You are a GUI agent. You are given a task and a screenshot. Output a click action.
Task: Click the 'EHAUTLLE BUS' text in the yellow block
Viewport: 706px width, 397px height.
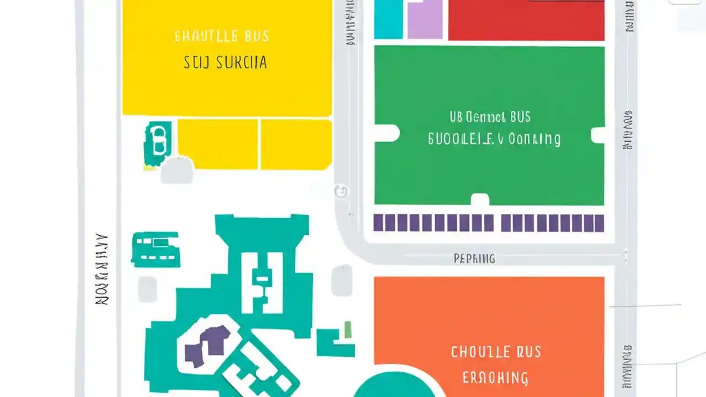click(222, 37)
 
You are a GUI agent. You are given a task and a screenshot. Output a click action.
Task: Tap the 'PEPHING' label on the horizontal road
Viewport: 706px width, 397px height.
click(474, 258)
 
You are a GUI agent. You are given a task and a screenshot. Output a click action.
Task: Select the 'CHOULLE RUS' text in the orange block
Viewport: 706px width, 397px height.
click(496, 352)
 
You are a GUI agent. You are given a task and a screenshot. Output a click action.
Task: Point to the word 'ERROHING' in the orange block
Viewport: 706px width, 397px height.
click(495, 378)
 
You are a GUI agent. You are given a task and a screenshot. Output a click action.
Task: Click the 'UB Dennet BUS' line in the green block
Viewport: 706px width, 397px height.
click(490, 117)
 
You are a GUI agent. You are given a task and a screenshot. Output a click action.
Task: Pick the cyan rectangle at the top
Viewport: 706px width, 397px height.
click(388, 19)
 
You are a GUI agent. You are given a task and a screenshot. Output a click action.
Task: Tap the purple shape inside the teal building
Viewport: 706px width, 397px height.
click(207, 345)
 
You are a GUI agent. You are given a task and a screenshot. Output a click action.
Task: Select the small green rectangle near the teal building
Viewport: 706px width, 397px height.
click(348, 329)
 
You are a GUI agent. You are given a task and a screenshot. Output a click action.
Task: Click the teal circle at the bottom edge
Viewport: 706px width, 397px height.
click(393, 386)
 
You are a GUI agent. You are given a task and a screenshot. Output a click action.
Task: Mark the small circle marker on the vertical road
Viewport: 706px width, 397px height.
click(341, 191)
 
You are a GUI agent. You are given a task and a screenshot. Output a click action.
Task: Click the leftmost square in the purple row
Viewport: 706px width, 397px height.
click(379, 223)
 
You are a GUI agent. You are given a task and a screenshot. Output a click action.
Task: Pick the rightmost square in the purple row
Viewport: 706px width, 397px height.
click(599, 223)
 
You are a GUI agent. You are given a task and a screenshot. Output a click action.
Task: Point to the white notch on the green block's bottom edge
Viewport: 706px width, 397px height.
click(480, 200)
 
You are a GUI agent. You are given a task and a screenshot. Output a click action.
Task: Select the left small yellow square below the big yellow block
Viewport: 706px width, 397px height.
click(217, 144)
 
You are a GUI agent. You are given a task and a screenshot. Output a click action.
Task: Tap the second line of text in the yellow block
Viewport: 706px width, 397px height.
click(225, 62)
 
